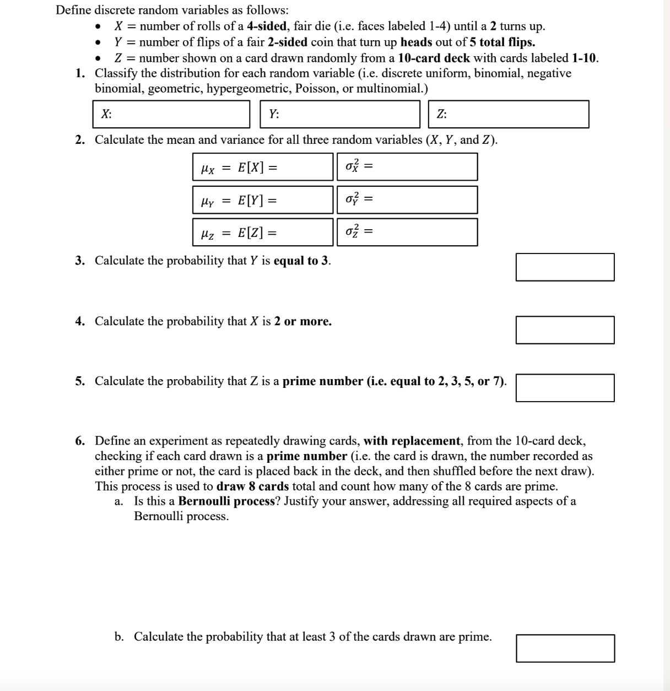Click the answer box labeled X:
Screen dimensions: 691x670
tap(171, 114)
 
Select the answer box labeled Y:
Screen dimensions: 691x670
tap(341, 114)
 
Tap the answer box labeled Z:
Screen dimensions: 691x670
tap(509, 114)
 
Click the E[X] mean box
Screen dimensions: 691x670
tap(263, 167)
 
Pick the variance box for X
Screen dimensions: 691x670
tap(407, 167)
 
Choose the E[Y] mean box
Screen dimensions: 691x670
tap(263, 199)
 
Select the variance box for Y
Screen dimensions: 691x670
tap(407, 199)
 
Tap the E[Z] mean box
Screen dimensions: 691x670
tap(263, 232)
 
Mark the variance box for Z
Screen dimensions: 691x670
tap(407, 232)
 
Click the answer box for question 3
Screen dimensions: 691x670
tap(565, 267)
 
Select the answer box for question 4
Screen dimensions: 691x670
tap(565, 330)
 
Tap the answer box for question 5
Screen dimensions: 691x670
tap(565, 387)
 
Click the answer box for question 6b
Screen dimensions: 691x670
tap(565, 648)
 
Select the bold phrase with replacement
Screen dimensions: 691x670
tap(412, 441)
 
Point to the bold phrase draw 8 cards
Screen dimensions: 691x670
tap(252, 487)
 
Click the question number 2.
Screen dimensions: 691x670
tap(80, 140)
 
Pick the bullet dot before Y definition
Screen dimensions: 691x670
tap(98, 43)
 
